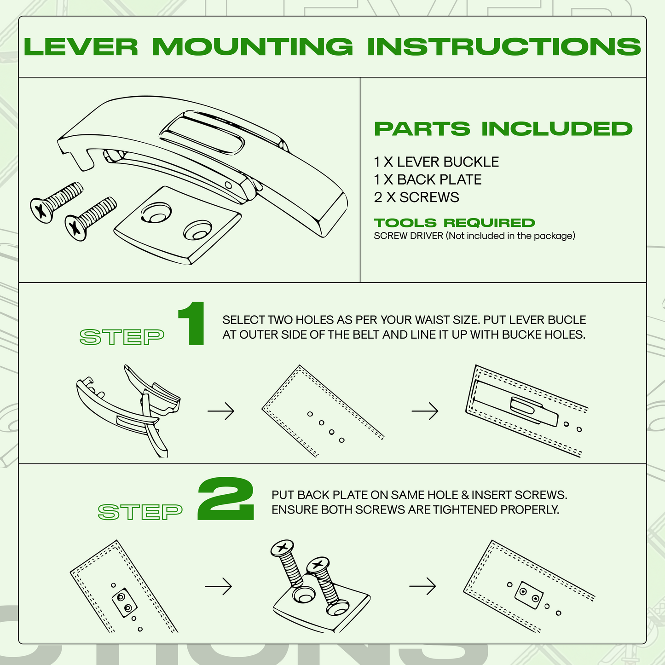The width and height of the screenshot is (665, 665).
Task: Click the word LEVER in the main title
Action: (x=81, y=47)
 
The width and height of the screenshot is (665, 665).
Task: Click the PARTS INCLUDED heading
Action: (x=503, y=129)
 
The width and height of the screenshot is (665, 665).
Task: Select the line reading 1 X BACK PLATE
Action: (x=428, y=179)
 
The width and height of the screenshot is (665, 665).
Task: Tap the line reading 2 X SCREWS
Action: (x=416, y=197)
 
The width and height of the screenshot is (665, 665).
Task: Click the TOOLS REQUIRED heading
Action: (x=454, y=223)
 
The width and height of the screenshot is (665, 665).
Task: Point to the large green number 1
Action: (x=192, y=324)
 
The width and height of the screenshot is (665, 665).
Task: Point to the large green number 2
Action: (x=226, y=499)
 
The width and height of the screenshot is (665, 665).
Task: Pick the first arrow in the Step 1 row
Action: (x=221, y=411)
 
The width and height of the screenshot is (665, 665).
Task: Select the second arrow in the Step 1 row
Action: (x=425, y=411)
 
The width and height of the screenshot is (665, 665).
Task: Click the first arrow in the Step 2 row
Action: (x=219, y=586)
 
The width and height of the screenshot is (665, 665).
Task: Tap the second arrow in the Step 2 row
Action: (x=422, y=586)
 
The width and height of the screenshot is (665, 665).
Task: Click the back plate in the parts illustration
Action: (x=177, y=226)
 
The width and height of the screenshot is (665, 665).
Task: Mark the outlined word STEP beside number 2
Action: (x=140, y=512)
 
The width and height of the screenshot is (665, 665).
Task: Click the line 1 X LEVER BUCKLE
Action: (x=436, y=162)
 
